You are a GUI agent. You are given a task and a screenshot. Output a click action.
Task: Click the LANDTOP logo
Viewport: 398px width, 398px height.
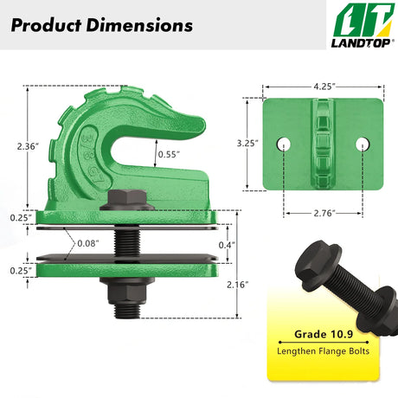(x=363, y=25)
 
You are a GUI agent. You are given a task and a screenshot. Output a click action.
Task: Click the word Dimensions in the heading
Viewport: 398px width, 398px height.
(x=139, y=25)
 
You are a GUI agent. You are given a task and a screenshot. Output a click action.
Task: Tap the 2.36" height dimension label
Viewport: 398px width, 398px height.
(x=28, y=146)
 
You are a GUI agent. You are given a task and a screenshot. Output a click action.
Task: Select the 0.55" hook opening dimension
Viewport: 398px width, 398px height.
(x=169, y=154)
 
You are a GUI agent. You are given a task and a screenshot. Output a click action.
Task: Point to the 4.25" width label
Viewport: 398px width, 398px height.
(x=324, y=87)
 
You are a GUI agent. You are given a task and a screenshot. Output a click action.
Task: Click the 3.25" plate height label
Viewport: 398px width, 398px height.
(x=247, y=143)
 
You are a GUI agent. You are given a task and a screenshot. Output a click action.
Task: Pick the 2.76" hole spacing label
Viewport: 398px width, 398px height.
(x=324, y=213)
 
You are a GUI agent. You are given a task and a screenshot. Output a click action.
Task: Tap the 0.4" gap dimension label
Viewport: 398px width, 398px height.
(x=227, y=245)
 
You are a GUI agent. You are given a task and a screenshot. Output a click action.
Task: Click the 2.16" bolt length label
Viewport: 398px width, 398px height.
(x=237, y=285)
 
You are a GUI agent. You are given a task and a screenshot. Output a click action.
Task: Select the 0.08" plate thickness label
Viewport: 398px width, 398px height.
(x=88, y=243)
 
